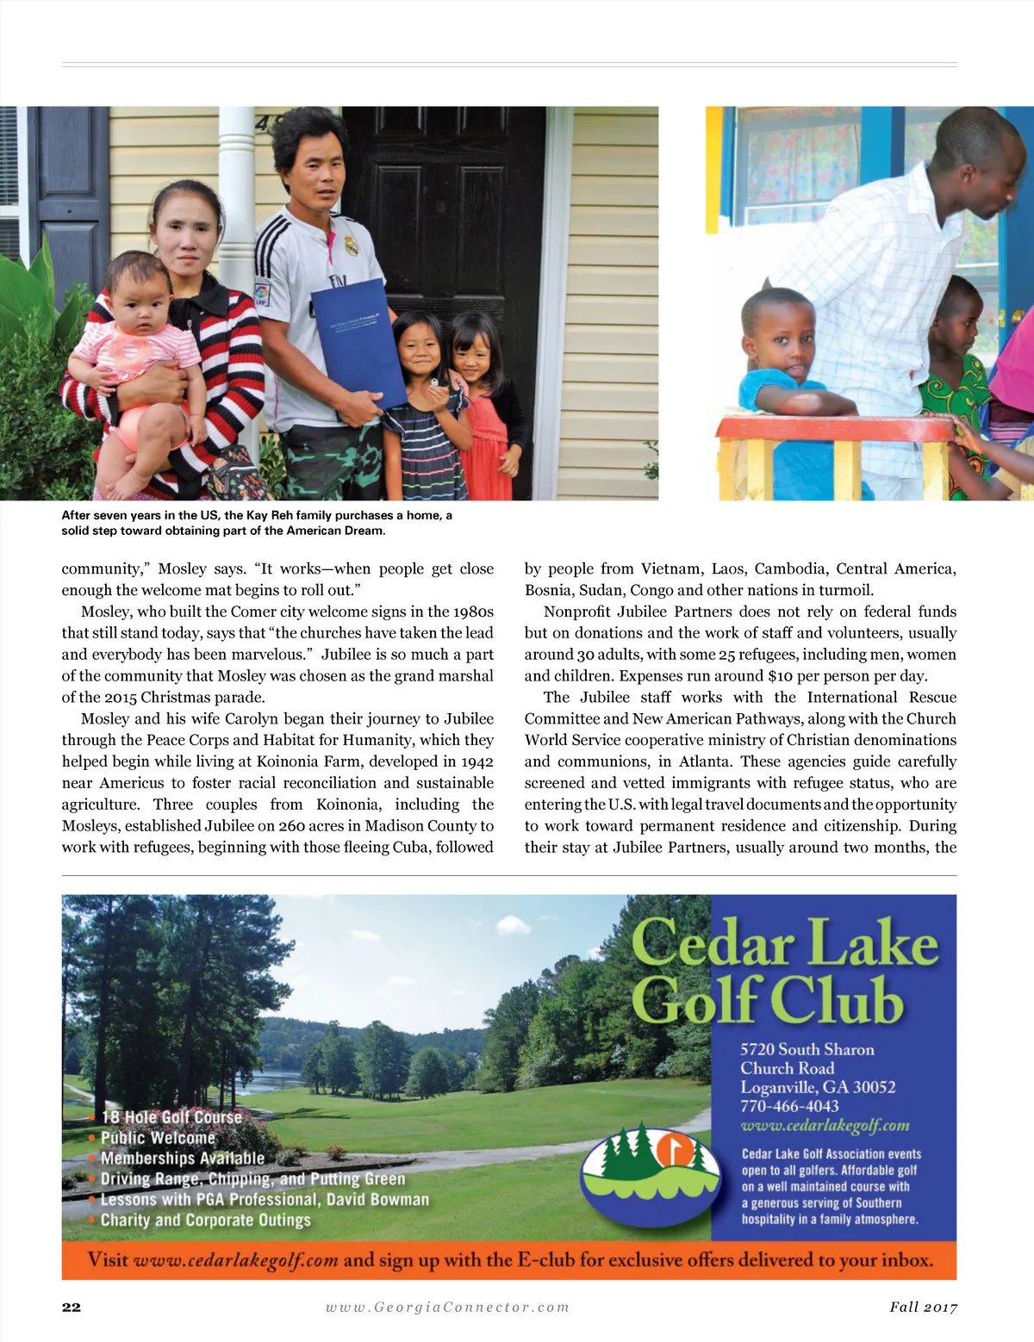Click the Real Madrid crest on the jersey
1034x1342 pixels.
351,245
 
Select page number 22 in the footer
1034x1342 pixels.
72,1307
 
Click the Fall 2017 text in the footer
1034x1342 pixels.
923,1307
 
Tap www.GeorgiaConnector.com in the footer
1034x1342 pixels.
447,1307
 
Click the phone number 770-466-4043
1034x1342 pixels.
789,1106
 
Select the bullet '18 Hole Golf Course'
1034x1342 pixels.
171,1117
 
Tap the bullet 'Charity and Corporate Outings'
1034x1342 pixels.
205,1220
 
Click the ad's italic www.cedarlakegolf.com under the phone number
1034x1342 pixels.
825,1126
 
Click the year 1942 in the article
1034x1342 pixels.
477,761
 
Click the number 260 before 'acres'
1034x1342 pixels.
292,825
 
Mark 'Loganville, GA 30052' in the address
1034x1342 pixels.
818,1087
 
